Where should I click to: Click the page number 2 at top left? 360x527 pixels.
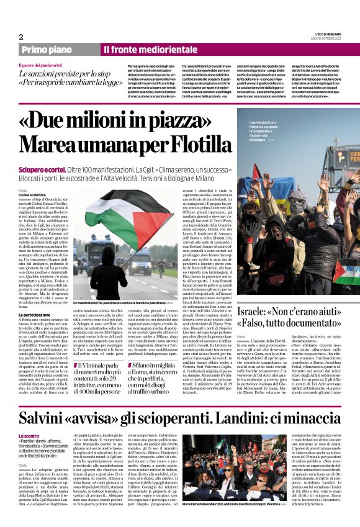coord(20,36)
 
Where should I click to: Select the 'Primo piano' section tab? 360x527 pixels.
coord(60,49)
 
